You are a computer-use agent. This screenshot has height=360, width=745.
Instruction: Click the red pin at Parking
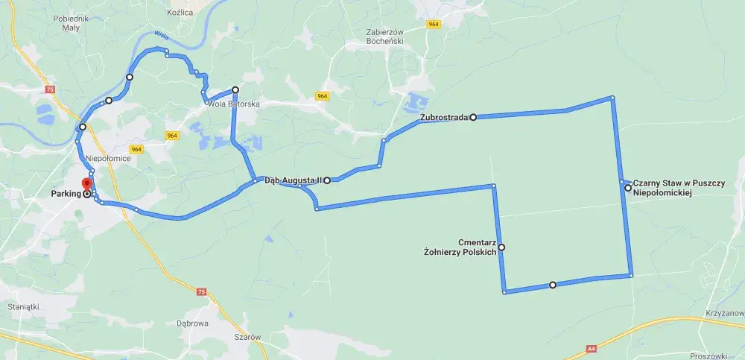click(86, 183)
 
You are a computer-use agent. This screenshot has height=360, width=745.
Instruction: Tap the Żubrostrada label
click(444, 117)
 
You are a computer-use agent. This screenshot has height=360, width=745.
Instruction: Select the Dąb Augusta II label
click(292, 180)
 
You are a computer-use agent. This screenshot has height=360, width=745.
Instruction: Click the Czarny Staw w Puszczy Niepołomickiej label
click(663, 188)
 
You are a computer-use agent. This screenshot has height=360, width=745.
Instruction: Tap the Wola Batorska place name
click(233, 104)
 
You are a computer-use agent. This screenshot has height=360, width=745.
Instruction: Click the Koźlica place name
click(180, 13)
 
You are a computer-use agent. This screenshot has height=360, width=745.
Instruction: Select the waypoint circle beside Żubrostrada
click(473, 117)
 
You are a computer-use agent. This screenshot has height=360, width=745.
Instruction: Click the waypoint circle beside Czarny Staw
click(628, 188)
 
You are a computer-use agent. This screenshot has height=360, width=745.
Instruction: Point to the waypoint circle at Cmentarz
click(501, 247)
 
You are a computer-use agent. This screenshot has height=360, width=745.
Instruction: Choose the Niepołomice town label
click(109, 158)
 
